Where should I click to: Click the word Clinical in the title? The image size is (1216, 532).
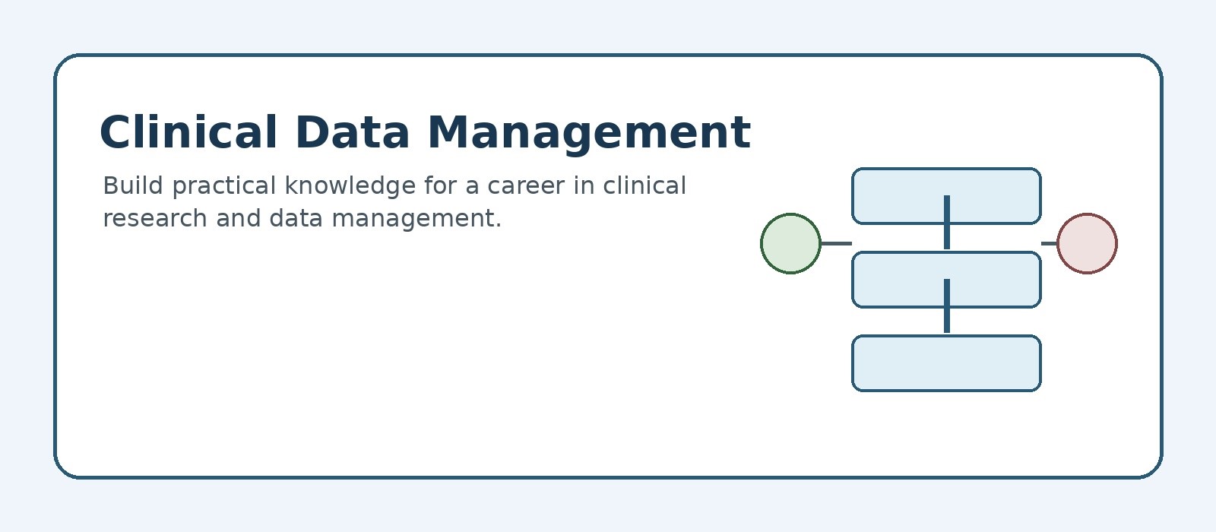pos(188,132)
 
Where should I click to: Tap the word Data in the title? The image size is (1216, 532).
pos(353,132)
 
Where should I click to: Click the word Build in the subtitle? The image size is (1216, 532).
pos(133,185)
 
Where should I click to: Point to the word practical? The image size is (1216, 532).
pos(224,187)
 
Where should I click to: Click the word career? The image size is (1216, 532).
pos(526,187)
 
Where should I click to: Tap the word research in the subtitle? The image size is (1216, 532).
pos(155,218)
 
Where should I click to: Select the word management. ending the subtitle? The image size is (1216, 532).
pos(416,220)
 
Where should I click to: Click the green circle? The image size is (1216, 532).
pos(790,243)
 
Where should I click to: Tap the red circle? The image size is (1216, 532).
pos(1087,243)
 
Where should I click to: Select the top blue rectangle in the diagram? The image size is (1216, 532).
pos(946,196)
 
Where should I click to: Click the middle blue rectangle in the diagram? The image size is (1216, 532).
pos(946,280)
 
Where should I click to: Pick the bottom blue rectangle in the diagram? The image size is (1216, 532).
pos(946,363)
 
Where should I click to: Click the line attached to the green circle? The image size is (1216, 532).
pos(836,243)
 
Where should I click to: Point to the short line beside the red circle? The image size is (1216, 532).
pos(1050,243)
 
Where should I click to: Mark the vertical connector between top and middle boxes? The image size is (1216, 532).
pos(947,223)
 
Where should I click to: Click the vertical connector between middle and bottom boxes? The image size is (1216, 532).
pos(947,306)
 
